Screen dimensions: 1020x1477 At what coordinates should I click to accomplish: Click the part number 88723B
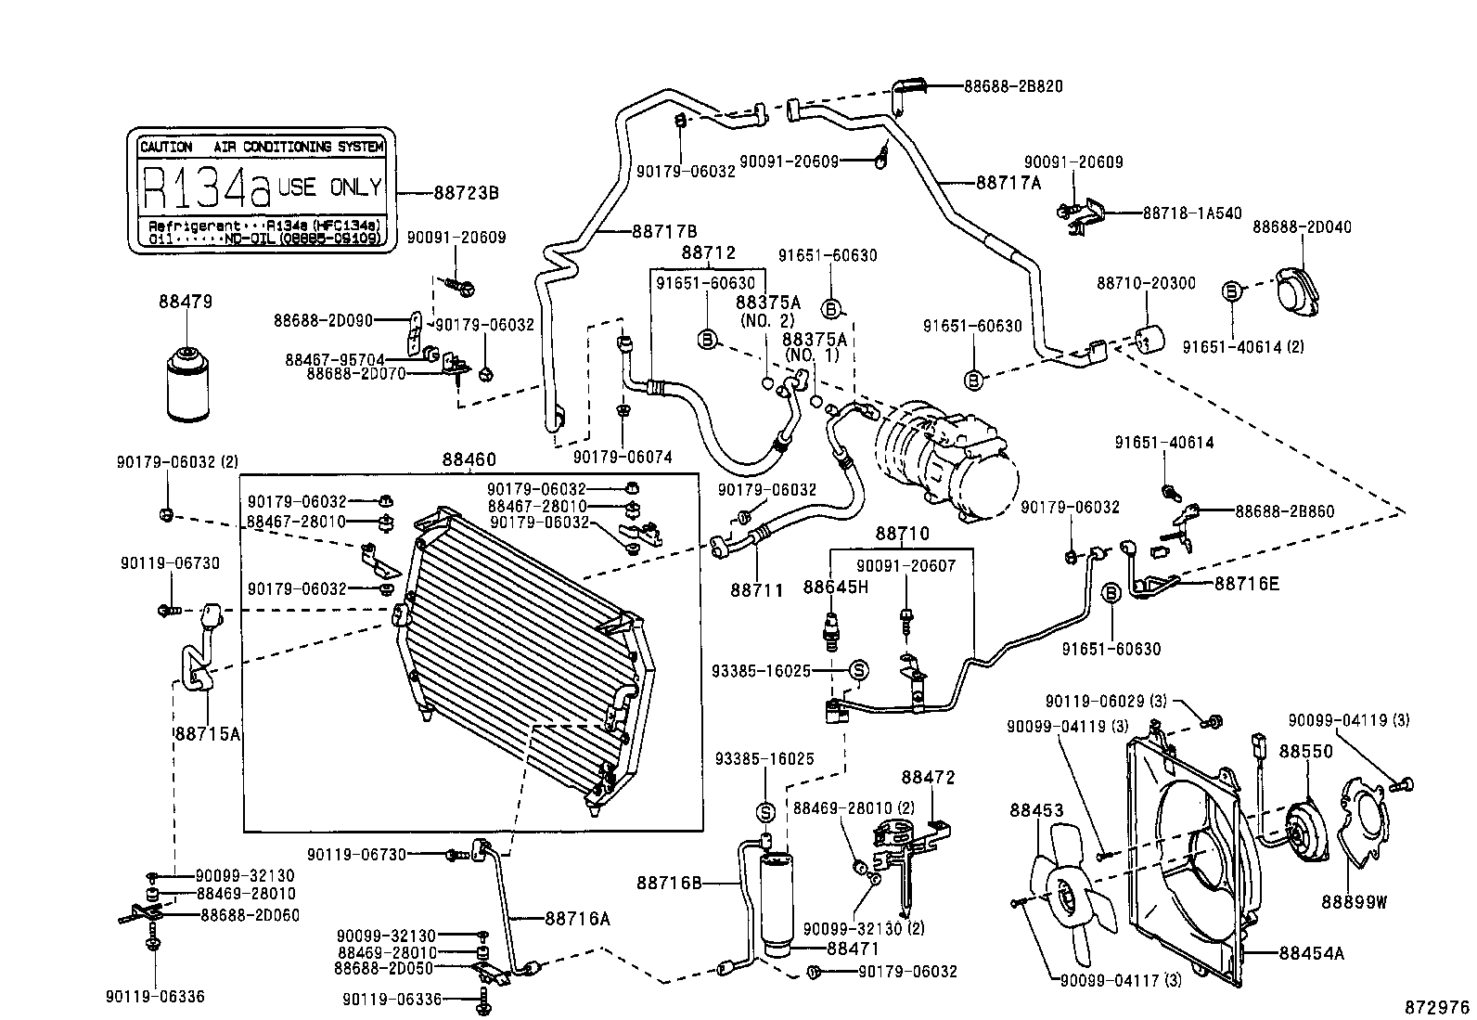click(466, 193)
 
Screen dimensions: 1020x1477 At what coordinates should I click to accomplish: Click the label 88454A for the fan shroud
click(1311, 952)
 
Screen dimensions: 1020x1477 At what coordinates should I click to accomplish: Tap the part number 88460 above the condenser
click(469, 459)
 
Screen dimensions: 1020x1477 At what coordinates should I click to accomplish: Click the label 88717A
click(1008, 183)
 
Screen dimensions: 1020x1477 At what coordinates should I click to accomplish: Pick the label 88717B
click(665, 231)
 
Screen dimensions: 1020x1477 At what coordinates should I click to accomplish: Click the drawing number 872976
click(1436, 1007)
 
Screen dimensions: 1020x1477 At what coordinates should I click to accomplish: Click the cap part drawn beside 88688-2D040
click(1301, 290)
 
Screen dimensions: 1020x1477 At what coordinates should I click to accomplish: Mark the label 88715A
click(208, 733)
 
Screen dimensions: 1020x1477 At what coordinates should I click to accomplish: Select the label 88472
click(928, 778)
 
